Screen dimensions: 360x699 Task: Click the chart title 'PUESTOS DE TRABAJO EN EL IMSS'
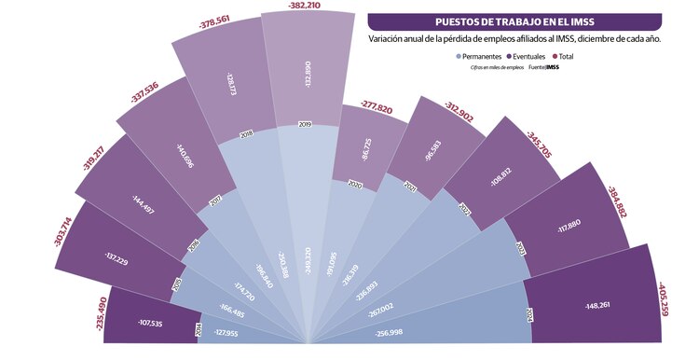coord(515,21)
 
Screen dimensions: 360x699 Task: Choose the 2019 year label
coord(305,124)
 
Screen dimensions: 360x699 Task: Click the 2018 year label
coord(247,133)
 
